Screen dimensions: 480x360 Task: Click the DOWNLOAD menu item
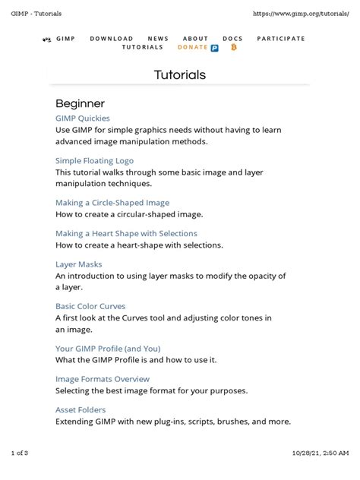click(111, 38)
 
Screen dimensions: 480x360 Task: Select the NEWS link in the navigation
click(158, 38)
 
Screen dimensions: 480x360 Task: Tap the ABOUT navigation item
click(195, 38)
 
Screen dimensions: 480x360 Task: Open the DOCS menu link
click(232, 38)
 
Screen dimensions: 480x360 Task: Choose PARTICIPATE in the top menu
click(285, 38)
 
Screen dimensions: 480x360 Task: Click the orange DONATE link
click(192, 47)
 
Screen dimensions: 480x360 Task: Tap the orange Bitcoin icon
click(234, 47)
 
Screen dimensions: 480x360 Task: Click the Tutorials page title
click(179, 74)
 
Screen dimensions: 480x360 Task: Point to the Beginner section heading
click(80, 103)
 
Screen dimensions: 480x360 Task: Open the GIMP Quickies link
click(82, 118)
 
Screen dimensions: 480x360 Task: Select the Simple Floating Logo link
click(94, 161)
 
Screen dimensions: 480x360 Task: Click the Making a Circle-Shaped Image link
click(112, 203)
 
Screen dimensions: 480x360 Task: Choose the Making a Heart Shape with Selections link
click(126, 233)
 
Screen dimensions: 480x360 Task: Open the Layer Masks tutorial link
click(78, 264)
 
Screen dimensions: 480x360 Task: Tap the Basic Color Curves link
click(90, 306)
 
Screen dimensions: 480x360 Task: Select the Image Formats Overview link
click(102, 379)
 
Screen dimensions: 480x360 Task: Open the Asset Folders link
click(80, 409)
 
